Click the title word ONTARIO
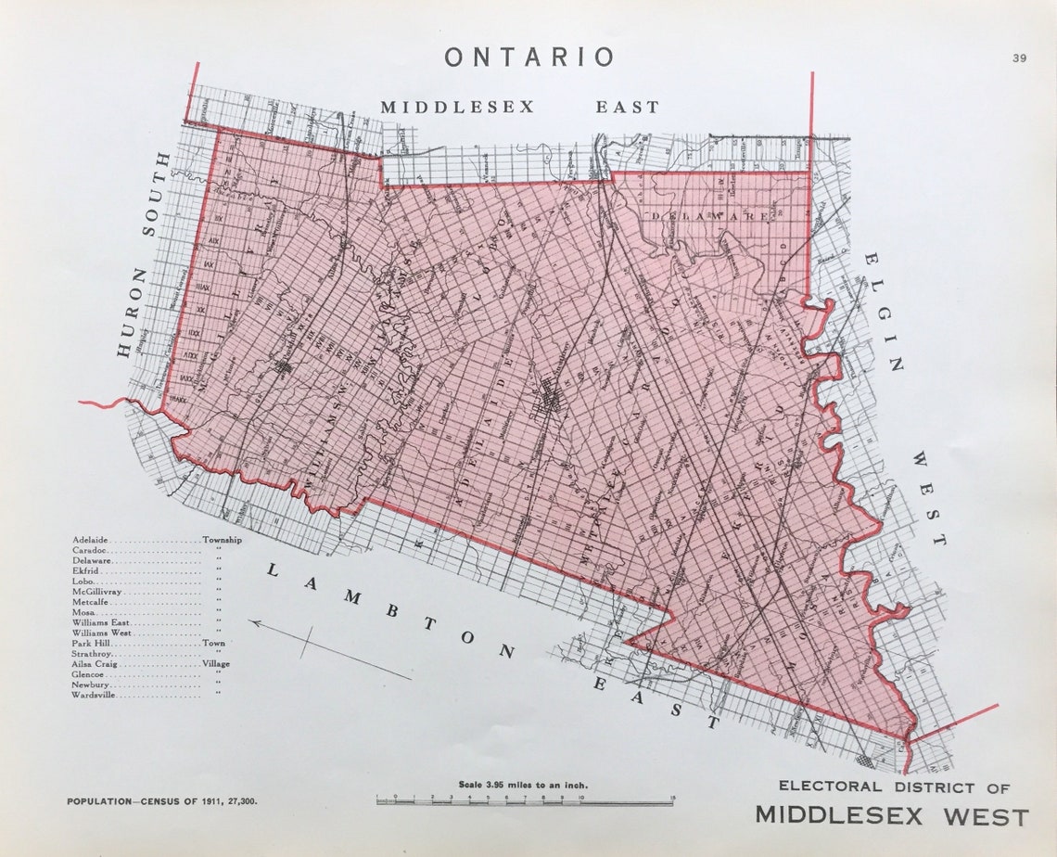click(528, 58)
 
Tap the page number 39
click(1019, 58)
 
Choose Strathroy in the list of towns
click(92, 653)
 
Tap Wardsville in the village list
click(95, 695)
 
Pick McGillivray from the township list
click(98, 591)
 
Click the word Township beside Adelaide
click(222, 539)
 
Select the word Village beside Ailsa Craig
click(216, 664)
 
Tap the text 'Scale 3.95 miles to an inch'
click(524, 785)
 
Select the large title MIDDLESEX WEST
click(892, 817)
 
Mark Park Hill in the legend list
click(92, 643)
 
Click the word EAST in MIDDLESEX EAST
click(627, 108)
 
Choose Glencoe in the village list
click(89, 674)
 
